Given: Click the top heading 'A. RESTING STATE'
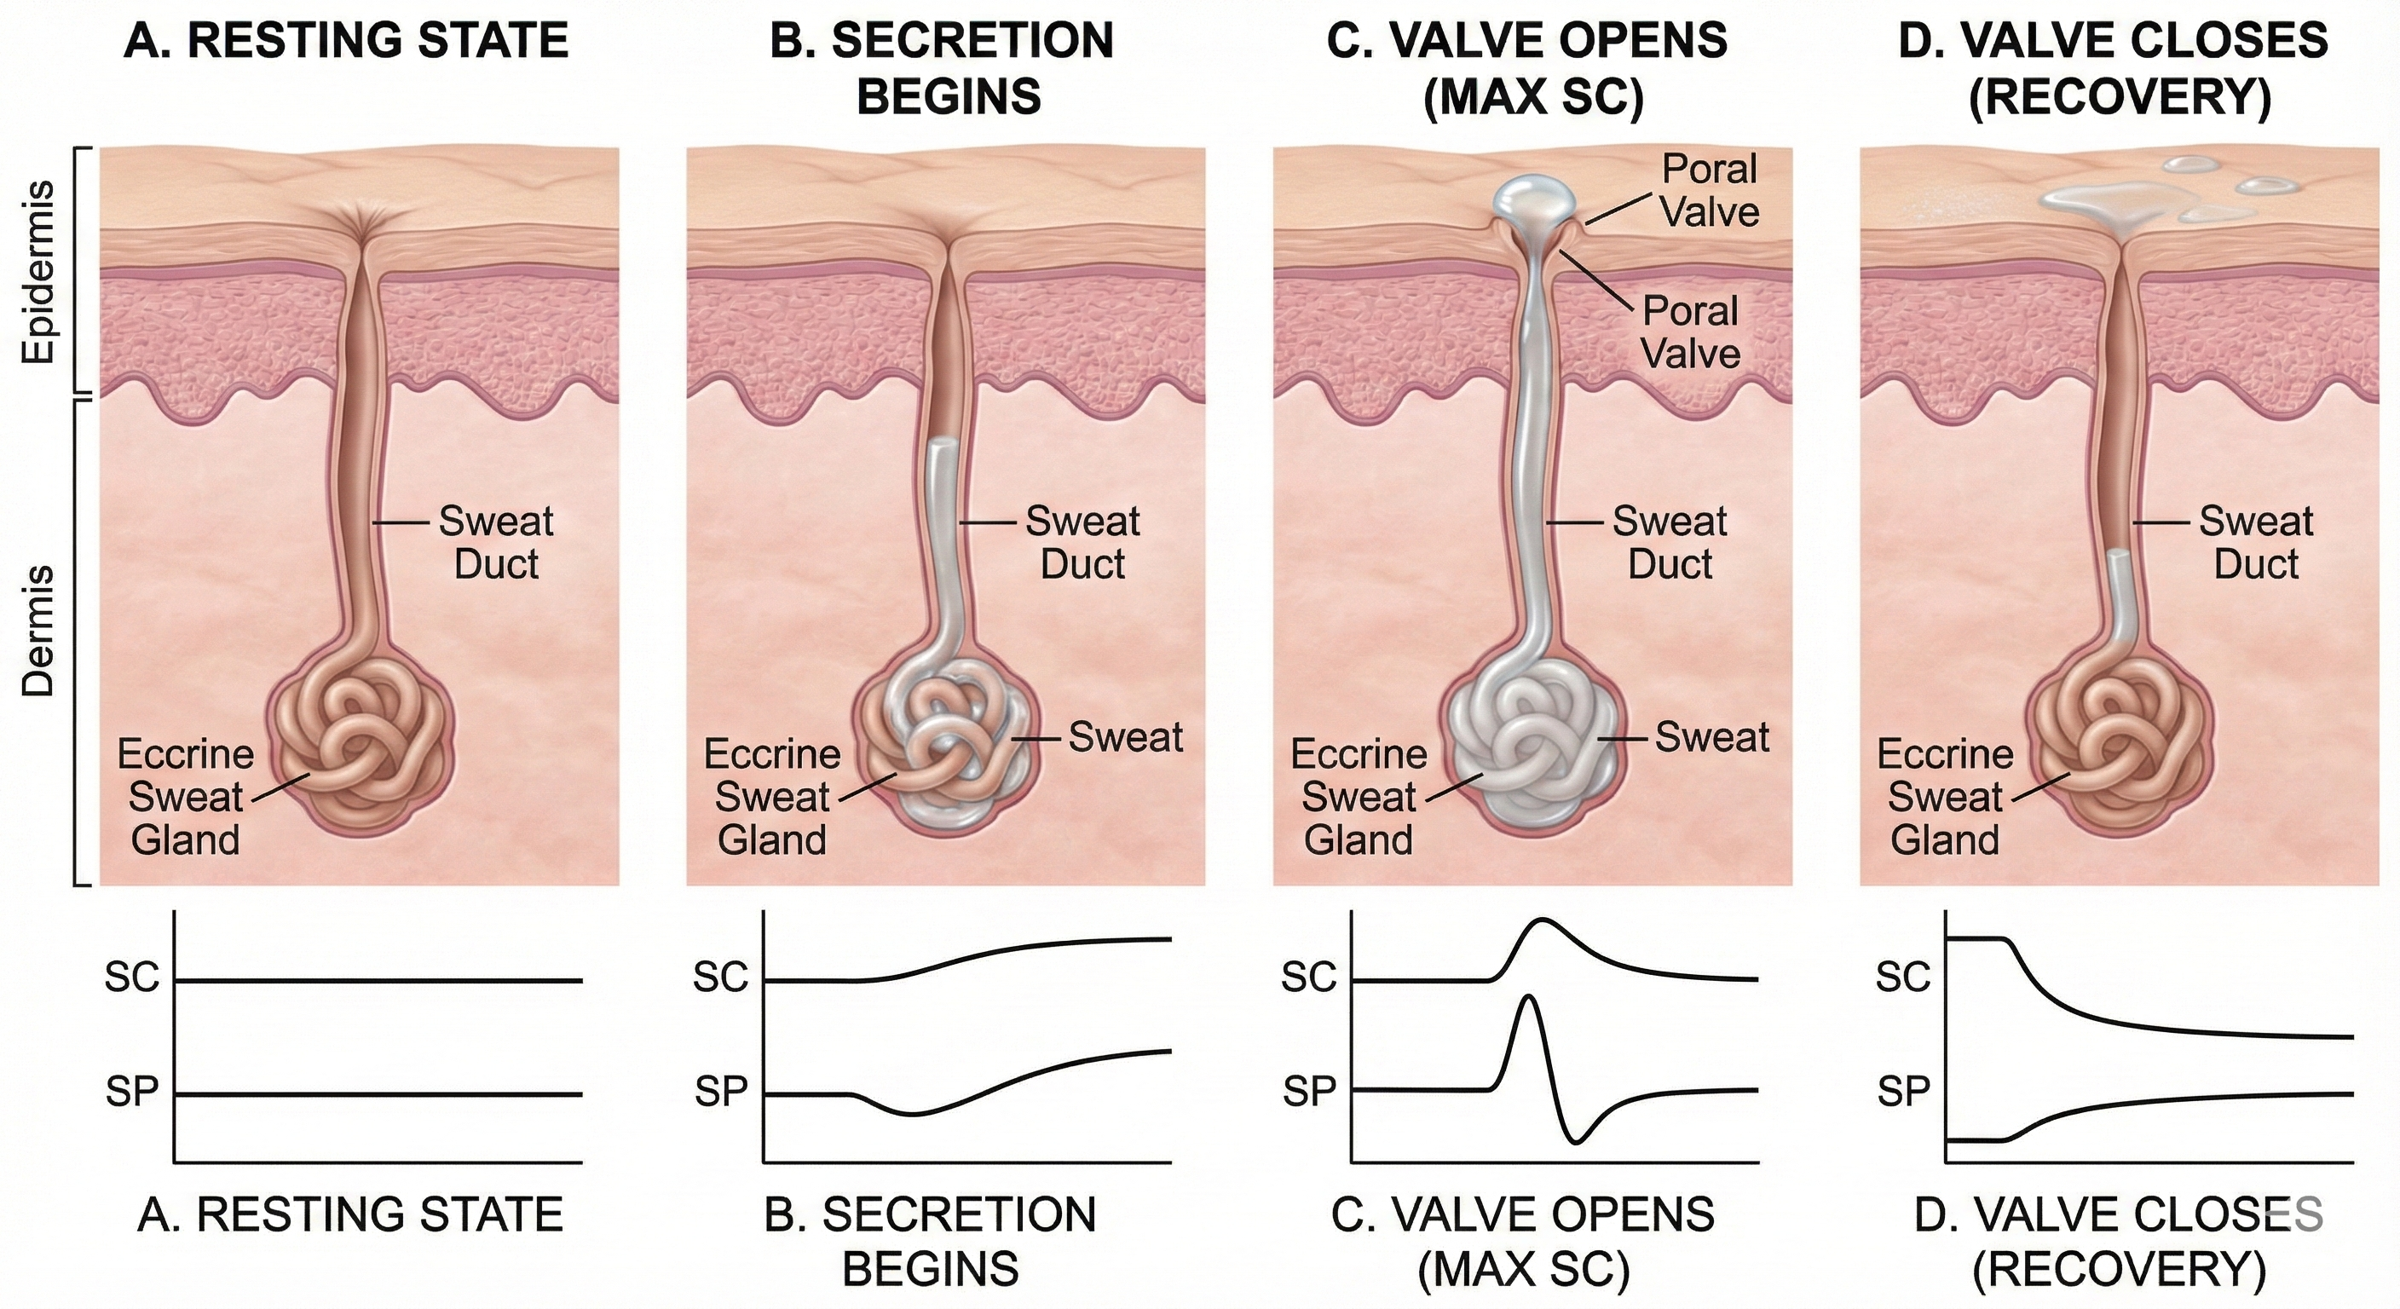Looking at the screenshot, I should (346, 42).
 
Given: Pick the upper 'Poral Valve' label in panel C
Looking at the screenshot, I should (1710, 190).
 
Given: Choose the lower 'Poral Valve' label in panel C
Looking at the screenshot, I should (1690, 332).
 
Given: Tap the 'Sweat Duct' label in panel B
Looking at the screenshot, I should (1082, 542).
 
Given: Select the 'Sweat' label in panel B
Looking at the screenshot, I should (1124, 737).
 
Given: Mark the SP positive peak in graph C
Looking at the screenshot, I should (1527, 1000).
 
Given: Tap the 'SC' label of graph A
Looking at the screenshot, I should (132, 979).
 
